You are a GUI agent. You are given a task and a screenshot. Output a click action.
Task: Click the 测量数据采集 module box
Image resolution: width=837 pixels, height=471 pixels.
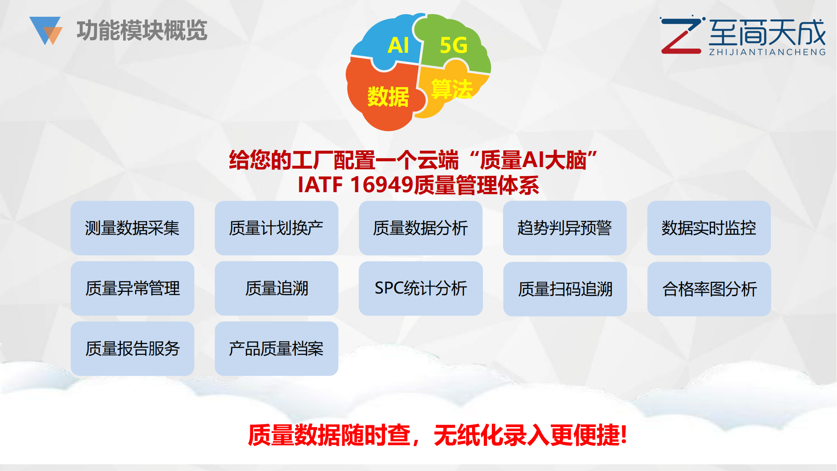point(132,228)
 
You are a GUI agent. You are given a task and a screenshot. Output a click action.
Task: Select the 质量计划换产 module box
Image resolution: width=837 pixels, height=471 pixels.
point(277,228)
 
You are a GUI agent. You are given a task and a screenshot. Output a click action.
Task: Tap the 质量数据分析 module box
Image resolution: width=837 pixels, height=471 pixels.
point(421,228)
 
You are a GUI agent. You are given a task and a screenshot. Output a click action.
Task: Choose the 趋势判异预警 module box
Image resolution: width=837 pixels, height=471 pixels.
point(565,228)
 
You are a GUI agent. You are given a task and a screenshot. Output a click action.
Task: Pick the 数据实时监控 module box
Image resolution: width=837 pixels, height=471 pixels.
point(709,228)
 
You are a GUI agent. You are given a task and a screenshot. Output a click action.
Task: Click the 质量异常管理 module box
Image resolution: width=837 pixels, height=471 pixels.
point(132,288)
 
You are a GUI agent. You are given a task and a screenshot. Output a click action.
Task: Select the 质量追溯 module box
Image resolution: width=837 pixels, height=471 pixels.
point(277,288)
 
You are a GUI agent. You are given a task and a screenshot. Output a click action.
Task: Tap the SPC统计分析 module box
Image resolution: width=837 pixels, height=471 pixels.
point(421,288)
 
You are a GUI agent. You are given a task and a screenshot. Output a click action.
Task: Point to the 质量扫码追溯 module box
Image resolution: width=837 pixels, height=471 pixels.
point(565,289)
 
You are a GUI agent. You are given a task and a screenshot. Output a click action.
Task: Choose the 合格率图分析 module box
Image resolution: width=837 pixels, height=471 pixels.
point(709,289)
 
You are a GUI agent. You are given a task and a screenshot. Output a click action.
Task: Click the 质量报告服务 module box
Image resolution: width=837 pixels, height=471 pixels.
point(132,349)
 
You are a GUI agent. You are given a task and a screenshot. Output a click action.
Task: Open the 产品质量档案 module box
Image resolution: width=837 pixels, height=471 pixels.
point(277,349)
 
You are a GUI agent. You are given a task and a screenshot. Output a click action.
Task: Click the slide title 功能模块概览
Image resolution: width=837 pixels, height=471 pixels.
point(142,30)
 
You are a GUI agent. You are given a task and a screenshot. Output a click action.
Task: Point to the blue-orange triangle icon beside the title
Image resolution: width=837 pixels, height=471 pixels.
point(46,31)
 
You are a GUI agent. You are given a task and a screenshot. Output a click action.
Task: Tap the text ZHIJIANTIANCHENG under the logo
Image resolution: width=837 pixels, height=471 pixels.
point(767,52)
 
